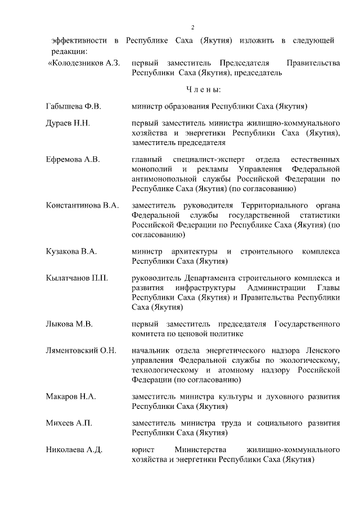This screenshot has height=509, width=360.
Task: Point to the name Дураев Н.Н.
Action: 68,123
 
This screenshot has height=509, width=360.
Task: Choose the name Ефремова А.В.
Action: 73,159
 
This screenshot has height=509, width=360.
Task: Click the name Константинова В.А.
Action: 82,205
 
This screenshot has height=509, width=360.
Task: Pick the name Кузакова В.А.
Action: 71,251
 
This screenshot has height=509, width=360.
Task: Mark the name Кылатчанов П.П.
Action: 77,278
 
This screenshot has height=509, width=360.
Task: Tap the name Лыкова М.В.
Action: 69,324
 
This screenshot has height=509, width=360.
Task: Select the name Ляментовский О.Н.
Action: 81,350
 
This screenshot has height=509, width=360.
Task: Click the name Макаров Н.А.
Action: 71,397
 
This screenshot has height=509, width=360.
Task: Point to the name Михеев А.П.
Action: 69,423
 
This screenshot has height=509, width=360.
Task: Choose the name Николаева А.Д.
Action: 74,449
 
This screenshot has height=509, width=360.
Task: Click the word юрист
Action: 142,449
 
